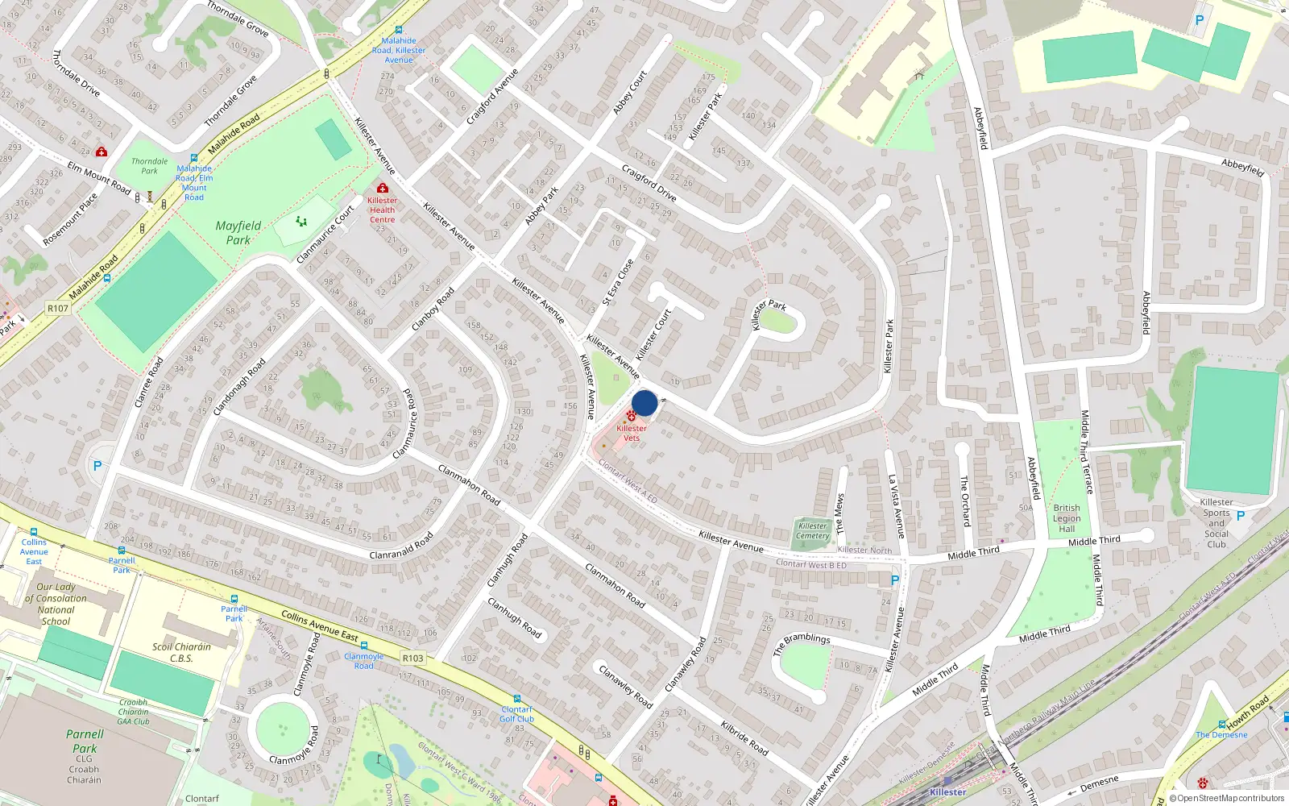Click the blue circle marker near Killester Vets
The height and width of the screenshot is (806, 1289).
pos(644,403)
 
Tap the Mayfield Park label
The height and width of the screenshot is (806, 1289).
pos(238,232)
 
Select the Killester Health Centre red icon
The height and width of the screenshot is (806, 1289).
pos(383,188)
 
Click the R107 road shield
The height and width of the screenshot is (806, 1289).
pos(58,308)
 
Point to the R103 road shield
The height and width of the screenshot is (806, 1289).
pos(412,658)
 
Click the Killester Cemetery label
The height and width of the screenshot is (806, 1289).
pos(813,530)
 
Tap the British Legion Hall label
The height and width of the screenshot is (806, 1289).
pos(1067,518)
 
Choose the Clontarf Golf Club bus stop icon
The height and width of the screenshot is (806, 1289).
pos(516,699)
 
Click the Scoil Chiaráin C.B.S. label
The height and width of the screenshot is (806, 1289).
pos(181,652)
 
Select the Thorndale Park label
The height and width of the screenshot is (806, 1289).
pos(150,166)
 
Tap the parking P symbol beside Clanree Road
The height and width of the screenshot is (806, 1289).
pos(97,466)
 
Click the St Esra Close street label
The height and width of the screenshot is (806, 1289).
pos(618,282)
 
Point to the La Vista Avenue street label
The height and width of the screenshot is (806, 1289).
pos(896,506)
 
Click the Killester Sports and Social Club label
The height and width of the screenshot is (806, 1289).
pos(1216,522)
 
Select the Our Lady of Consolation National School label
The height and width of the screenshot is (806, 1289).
pos(56,604)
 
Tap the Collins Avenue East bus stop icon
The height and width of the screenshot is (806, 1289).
pos(34,532)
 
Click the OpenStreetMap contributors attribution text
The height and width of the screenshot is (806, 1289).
pos(1226,799)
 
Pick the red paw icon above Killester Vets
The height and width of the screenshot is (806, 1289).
pos(631,415)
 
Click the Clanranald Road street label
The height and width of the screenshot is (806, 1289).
pos(401,546)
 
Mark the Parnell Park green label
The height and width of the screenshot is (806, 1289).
pos(85,741)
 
